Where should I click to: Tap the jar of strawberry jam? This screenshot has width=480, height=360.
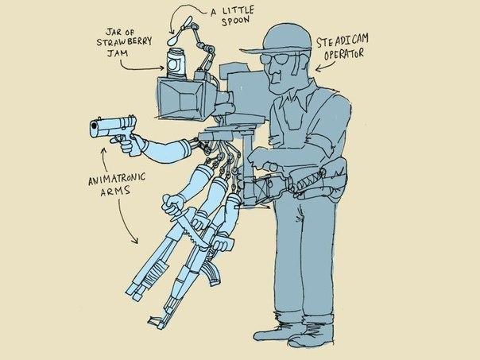176,64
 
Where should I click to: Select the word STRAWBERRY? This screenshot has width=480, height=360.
124,41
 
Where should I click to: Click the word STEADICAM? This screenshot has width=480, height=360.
343,41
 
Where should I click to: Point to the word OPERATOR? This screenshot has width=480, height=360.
344,55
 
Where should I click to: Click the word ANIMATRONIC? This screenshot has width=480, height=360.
117,180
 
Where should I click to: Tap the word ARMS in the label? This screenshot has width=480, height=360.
115,192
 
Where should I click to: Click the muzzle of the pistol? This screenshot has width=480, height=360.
94,129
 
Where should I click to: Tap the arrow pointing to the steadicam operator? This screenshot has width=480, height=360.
325,67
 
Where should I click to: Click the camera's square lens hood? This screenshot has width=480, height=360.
180,97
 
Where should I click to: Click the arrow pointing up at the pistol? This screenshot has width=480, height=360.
104,159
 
